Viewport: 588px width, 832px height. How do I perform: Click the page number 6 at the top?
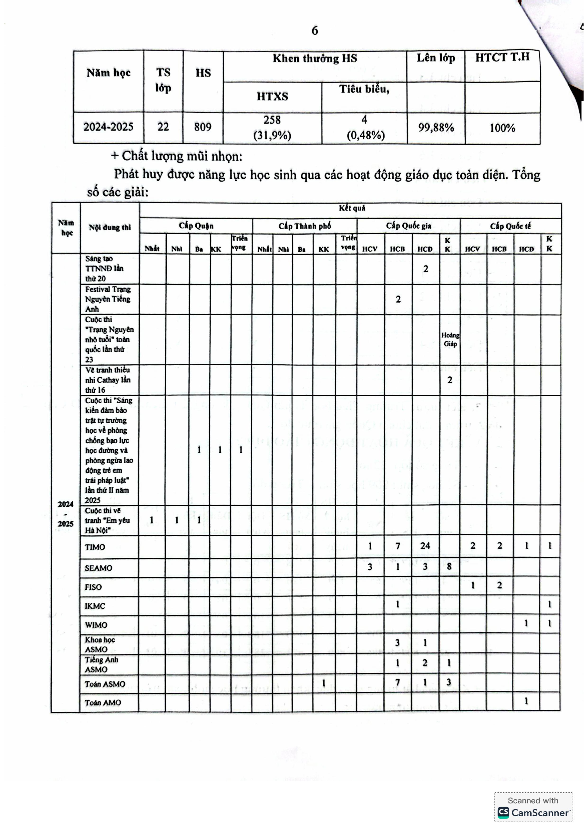pos(314,31)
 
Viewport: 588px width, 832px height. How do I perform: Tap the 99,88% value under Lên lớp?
pos(436,128)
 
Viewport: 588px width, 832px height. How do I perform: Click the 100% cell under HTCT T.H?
pos(502,128)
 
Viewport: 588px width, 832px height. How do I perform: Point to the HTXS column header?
pos(272,97)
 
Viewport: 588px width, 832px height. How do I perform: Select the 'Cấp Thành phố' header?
pos(304,226)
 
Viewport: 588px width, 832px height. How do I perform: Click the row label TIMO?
pos(95,547)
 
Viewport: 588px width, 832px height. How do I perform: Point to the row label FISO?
pos(93,587)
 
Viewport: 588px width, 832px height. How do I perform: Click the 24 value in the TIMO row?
pos(425,546)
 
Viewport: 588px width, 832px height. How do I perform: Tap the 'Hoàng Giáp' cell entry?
pos(450,340)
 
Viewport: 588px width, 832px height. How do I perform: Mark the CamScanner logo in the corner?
pos(533,812)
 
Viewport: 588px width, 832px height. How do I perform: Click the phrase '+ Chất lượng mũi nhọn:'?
pos(176,156)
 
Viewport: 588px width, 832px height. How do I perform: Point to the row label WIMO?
pos(96,625)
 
